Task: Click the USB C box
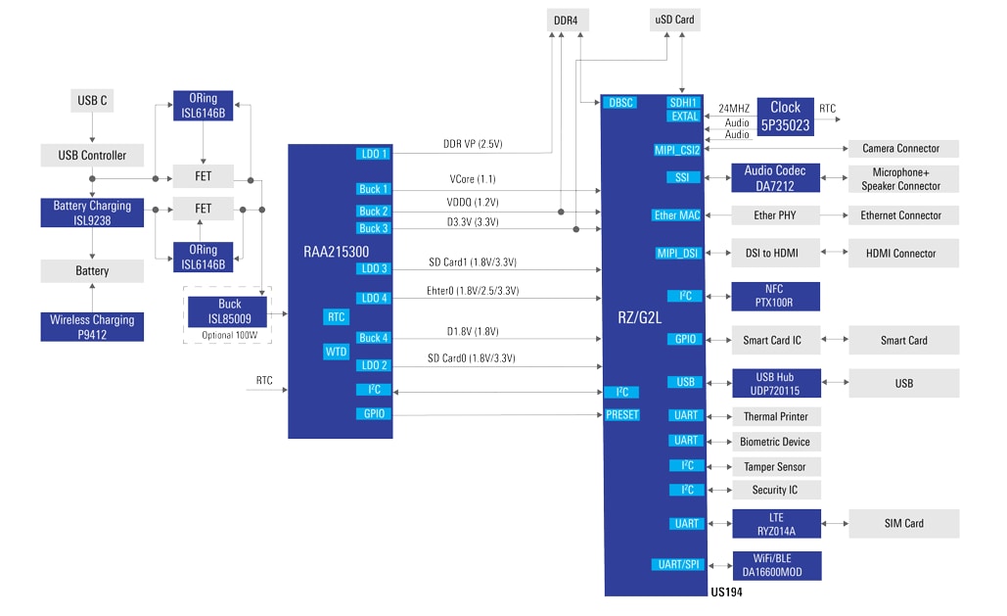click(92, 100)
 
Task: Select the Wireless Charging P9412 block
click(92, 326)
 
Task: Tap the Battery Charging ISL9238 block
click(92, 213)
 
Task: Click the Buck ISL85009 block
click(229, 310)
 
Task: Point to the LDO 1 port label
click(373, 154)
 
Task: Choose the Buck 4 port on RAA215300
click(373, 338)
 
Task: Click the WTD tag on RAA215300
click(336, 352)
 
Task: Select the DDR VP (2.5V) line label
click(472, 144)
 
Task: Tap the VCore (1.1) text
click(472, 179)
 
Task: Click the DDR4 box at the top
click(565, 19)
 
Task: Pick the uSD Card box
click(674, 19)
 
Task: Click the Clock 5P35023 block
click(785, 116)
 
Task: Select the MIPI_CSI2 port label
click(678, 150)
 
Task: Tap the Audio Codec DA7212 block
click(775, 177)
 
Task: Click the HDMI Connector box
click(900, 253)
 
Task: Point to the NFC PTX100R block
click(775, 296)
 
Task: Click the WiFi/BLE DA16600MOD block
click(775, 565)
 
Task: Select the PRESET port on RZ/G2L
click(622, 415)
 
